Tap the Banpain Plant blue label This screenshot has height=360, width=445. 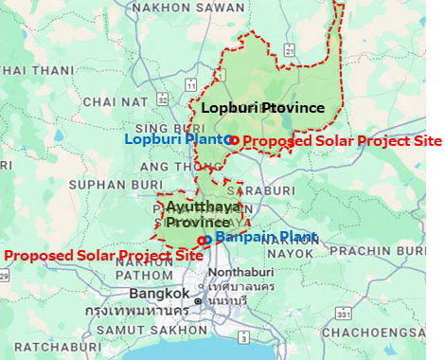pyautogui.click(x=253, y=237)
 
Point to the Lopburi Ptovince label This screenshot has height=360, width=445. pyautogui.click(x=262, y=108)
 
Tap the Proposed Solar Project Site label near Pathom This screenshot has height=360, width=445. pyautogui.click(x=103, y=256)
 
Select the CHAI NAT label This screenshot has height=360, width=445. pyautogui.click(x=114, y=102)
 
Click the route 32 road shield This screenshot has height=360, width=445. pyautogui.click(x=163, y=97)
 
